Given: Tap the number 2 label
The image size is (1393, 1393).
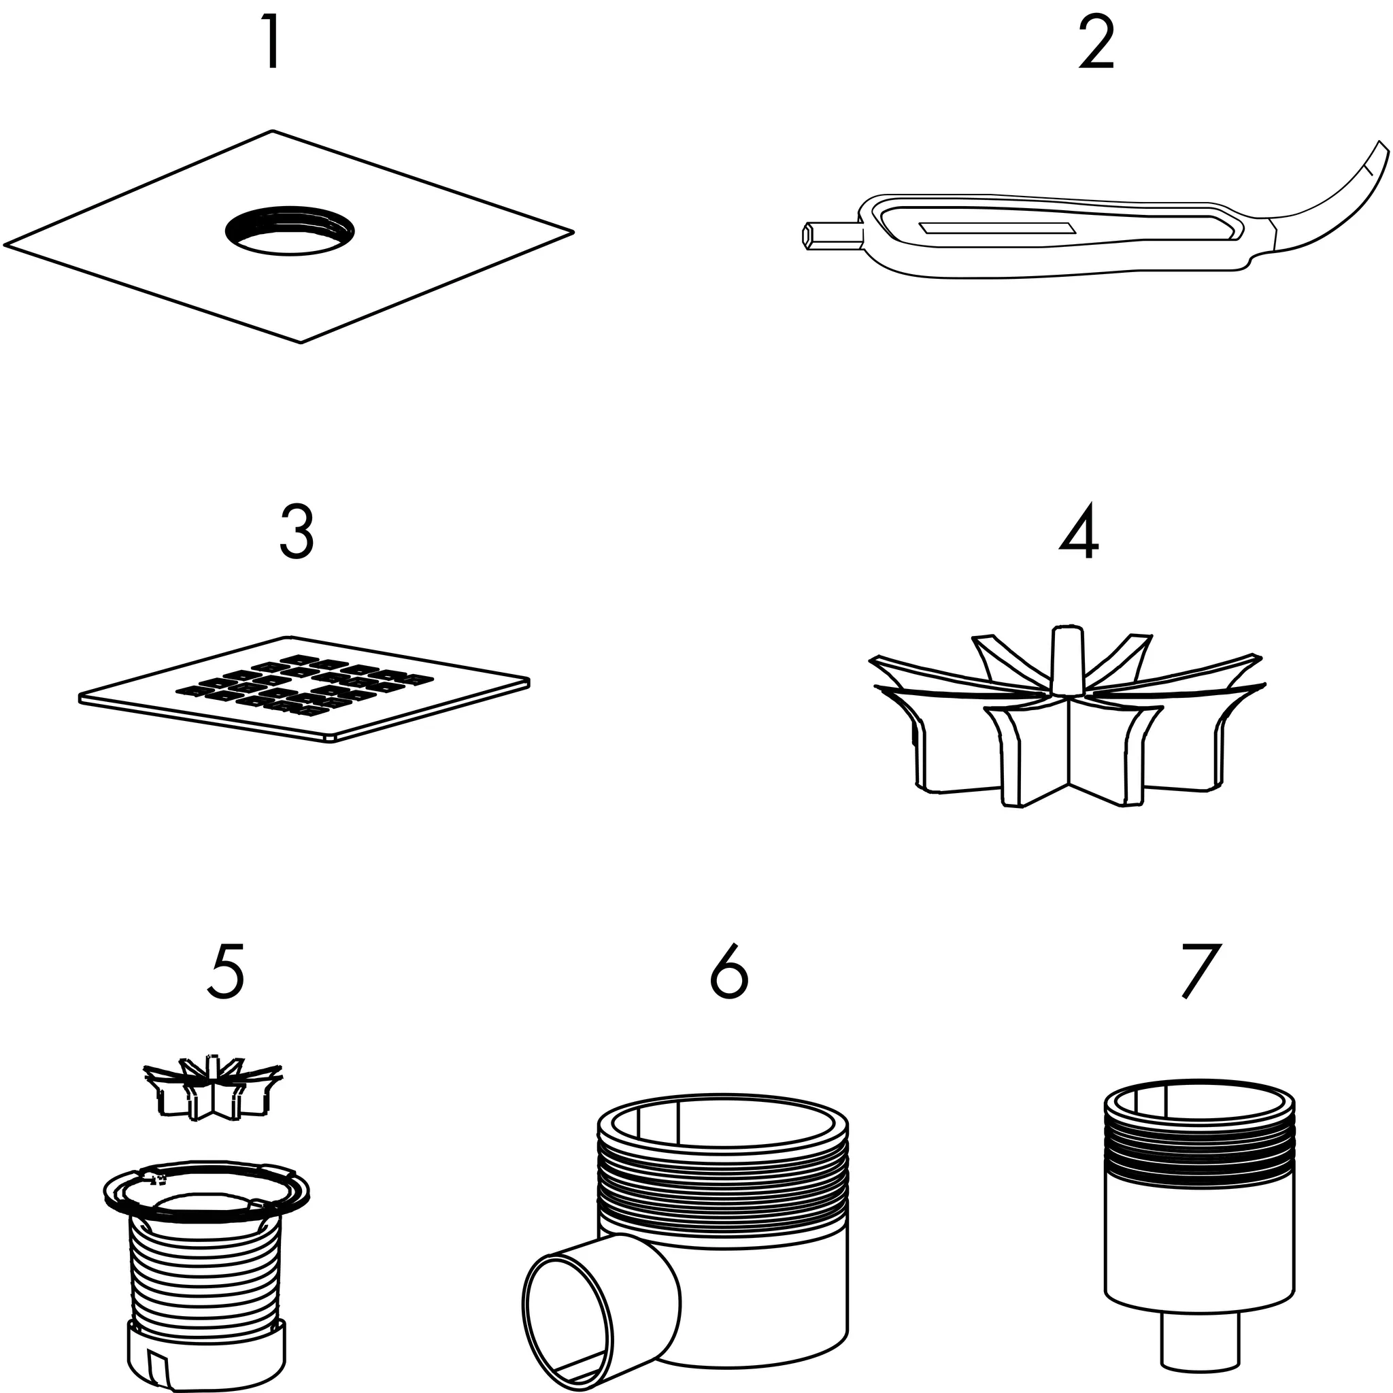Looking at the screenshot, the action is (1096, 43).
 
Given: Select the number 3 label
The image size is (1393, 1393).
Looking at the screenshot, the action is (297, 532).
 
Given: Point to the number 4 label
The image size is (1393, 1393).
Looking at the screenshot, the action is (1079, 532).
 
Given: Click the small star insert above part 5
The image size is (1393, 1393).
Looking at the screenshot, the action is (214, 1091).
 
